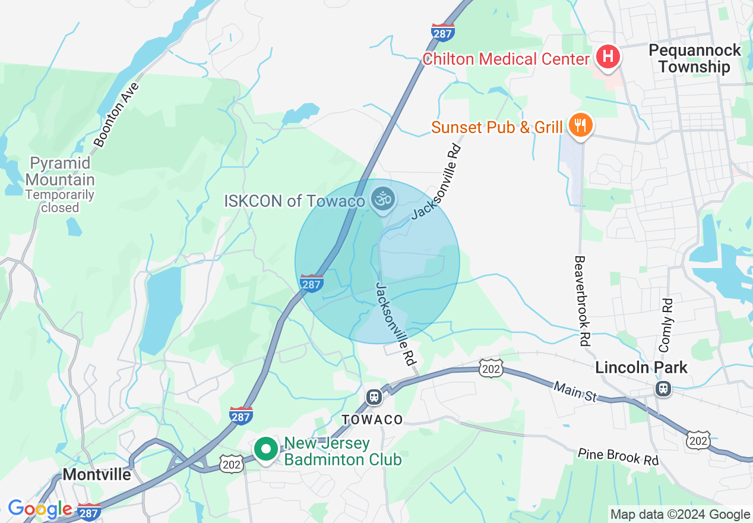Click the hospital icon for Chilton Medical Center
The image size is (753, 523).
pyautogui.click(x=608, y=58)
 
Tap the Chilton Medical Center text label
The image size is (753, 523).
pyautogui.click(x=506, y=59)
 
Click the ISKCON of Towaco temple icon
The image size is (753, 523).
pyautogui.click(x=382, y=199)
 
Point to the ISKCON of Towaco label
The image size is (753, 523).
pyautogui.click(x=295, y=201)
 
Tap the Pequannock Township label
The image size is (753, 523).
pyautogui.click(x=695, y=58)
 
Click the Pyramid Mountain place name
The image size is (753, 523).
pyautogui.click(x=60, y=171)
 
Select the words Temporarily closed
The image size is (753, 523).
pyautogui.click(x=60, y=201)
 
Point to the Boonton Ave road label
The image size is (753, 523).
pyautogui.click(x=116, y=115)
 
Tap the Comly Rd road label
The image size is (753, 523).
pyautogui.click(x=666, y=324)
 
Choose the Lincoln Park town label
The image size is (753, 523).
pyautogui.click(x=641, y=368)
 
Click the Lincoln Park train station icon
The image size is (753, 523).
pyautogui.click(x=663, y=389)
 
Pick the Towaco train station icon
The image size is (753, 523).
pyautogui.click(x=374, y=397)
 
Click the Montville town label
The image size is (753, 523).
pyautogui.click(x=96, y=475)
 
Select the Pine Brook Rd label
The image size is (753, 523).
pyautogui.click(x=618, y=456)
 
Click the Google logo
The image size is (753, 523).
pyautogui.click(x=40, y=509)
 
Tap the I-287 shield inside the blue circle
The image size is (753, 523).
pyautogui.click(x=312, y=283)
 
